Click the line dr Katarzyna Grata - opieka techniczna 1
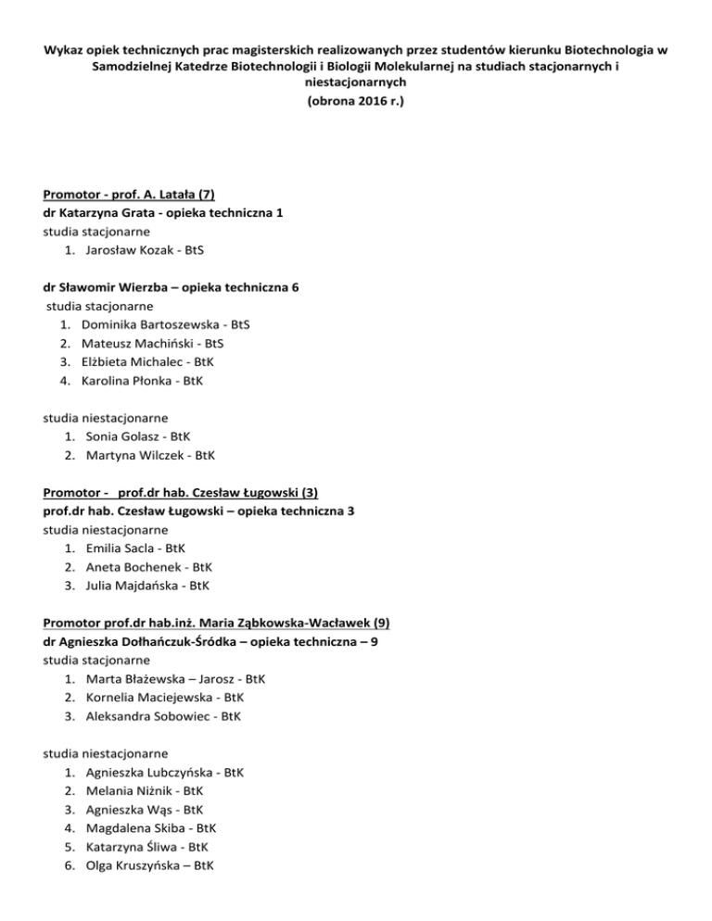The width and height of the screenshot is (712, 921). click(x=163, y=213)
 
